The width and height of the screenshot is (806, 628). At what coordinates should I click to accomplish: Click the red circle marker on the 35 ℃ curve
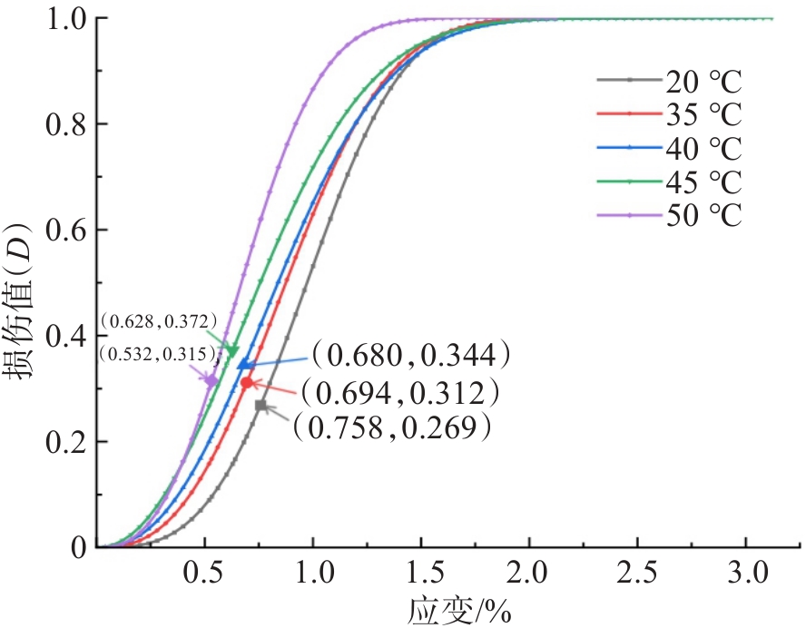tap(246, 383)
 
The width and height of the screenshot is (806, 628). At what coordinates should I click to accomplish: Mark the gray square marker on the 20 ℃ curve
tap(260, 406)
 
